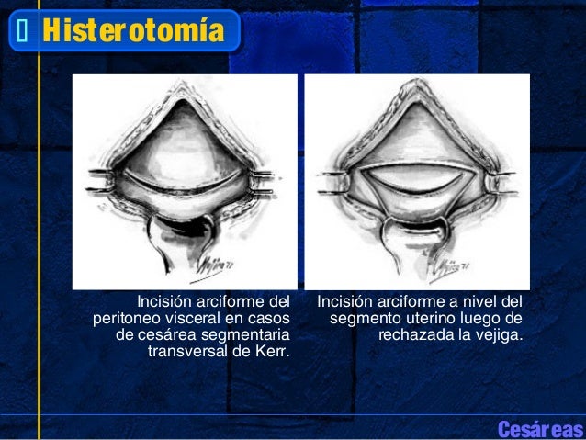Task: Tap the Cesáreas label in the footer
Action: pyautogui.click(x=539, y=429)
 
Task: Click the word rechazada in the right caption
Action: pyautogui.click(x=412, y=333)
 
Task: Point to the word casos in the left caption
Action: pyautogui.click(x=269, y=317)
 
